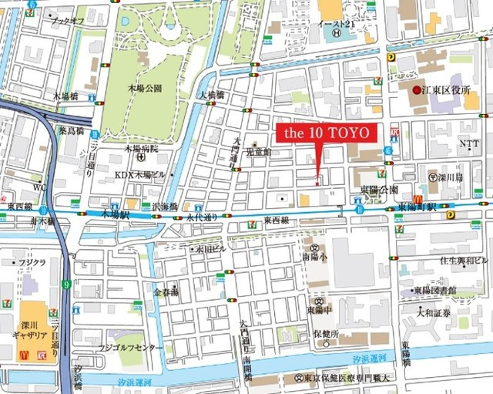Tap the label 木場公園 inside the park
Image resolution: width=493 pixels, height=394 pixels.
pyautogui.click(x=146, y=89)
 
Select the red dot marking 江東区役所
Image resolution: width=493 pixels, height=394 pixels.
pyautogui.click(x=416, y=91)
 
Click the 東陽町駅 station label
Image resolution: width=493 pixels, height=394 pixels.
pyautogui.click(x=418, y=208)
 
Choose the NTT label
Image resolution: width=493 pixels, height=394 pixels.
pyautogui.click(x=469, y=144)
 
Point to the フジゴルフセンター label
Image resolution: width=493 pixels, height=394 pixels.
pyautogui.click(x=131, y=348)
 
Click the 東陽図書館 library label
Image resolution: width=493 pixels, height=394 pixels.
pyautogui.click(x=434, y=290)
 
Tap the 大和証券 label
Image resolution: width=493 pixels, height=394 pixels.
pyautogui.click(x=433, y=314)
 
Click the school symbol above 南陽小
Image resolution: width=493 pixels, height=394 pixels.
pyautogui.click(x=315, y=247)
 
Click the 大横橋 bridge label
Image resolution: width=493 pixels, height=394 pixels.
pyautogui.click(x=210, y=95)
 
